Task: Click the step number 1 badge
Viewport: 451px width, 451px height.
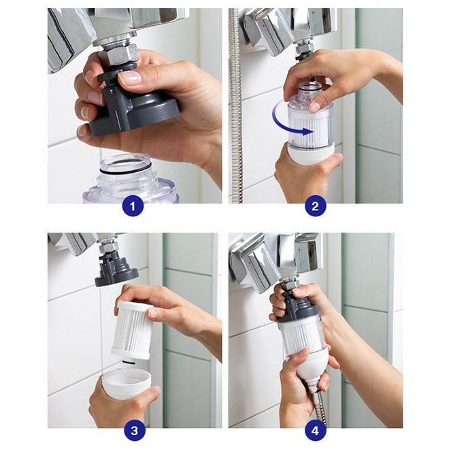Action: coord(133,206)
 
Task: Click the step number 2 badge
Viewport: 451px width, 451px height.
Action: coord(315,206)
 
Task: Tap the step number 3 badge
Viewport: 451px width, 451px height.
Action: coord(135,431)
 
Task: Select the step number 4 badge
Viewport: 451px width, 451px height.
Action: coord(315,431)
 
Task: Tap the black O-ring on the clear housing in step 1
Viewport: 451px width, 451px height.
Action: coord(126,169)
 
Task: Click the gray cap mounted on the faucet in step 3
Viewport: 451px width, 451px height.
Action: coord(116,269)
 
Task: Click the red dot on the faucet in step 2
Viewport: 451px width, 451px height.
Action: coord(264,26)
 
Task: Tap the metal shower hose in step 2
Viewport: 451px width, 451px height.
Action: coord(235,105)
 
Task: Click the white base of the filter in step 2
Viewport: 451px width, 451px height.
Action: coord(311,154)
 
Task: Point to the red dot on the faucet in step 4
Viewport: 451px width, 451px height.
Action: coord(249,263)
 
